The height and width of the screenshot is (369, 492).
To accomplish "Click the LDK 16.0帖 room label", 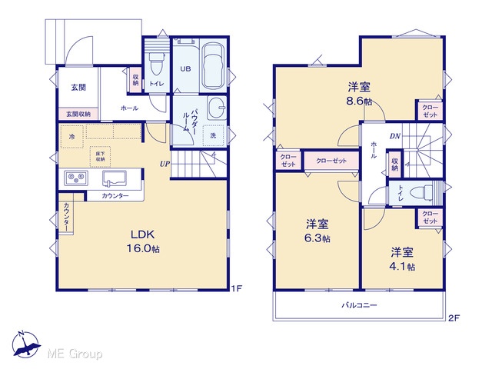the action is pos(143,241).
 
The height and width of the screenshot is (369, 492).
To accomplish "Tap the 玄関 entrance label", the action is pos(78,87).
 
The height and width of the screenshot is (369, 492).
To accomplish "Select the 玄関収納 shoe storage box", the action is pos(78,114).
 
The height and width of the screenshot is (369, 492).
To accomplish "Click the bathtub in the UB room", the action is pos(213,66).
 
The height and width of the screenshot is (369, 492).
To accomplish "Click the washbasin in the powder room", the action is pos(217,108).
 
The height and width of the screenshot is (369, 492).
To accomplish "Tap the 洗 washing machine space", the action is pos(214,135).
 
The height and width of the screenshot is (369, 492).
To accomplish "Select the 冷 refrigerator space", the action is pos(71,137).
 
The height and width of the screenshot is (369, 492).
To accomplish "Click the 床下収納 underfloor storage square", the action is pos(101,157).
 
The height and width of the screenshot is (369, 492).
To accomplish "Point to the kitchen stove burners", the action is pos(76,178).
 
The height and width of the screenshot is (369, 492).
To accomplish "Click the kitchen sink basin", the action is pos(115,178).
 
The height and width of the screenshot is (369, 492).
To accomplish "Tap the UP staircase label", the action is pos(165,164).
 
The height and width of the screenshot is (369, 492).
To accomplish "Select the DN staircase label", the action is pos(395,136).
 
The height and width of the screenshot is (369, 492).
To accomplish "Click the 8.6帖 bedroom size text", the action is pos(360,101).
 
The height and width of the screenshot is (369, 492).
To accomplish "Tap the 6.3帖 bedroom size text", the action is pos(317,238).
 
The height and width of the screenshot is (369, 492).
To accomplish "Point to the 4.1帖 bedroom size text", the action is pos(402,267).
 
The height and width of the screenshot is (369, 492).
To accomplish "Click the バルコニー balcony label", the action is pos(359,304).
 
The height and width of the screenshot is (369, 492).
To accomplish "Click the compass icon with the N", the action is pos(25,344).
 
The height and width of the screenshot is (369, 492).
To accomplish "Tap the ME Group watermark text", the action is pos(75,354).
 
